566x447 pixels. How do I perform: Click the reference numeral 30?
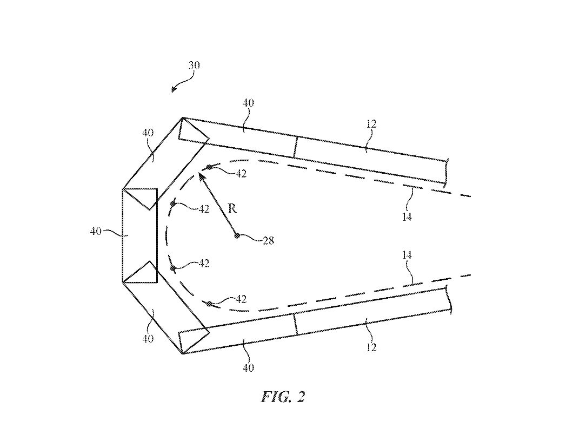194,65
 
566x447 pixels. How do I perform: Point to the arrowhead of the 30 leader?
174,90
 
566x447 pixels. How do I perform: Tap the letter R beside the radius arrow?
232,208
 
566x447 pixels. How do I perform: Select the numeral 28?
268,240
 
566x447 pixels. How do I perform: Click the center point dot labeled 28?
237,235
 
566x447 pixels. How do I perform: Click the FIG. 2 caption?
283,397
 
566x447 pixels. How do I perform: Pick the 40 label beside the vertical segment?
96,231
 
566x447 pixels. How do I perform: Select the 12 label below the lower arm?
371,347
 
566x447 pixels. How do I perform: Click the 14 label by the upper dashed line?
407,216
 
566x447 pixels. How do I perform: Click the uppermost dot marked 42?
209,167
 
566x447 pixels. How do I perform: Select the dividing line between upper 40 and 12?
296,147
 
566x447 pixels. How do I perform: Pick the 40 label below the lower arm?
249,368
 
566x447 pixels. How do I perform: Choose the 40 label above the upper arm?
249,103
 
